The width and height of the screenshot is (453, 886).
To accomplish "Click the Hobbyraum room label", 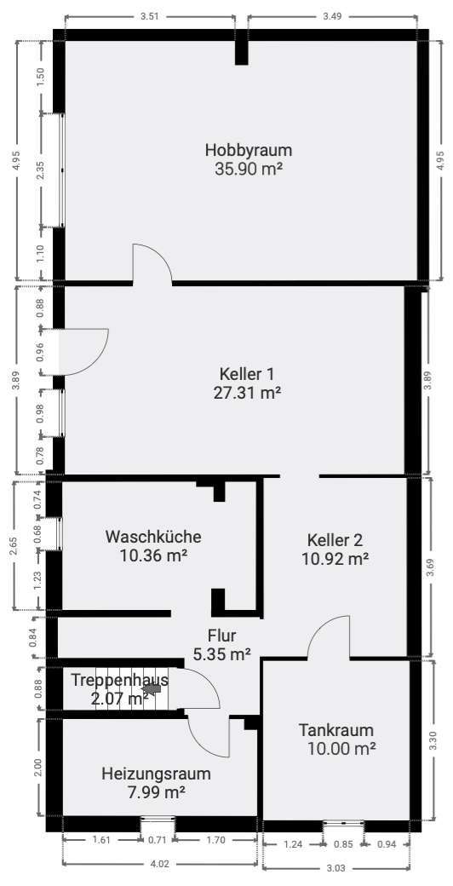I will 242,151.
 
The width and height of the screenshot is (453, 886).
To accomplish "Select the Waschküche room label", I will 153,537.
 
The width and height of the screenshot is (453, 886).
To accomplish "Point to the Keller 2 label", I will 335,540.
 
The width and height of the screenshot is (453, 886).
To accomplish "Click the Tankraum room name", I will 335,730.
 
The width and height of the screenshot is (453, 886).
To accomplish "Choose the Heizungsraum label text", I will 156,774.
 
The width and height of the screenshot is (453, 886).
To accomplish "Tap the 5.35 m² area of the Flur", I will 221,654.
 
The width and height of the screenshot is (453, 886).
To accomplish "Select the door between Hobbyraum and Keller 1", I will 152,264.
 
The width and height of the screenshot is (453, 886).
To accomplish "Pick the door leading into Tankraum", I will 328,639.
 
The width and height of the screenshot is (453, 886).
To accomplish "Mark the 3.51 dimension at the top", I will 150,15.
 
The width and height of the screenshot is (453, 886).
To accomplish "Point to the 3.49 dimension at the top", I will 333,15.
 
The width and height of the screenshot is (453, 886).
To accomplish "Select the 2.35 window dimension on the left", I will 41,170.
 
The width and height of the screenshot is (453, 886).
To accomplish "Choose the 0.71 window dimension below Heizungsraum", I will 158,840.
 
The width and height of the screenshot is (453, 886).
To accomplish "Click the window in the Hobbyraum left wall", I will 60,170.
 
